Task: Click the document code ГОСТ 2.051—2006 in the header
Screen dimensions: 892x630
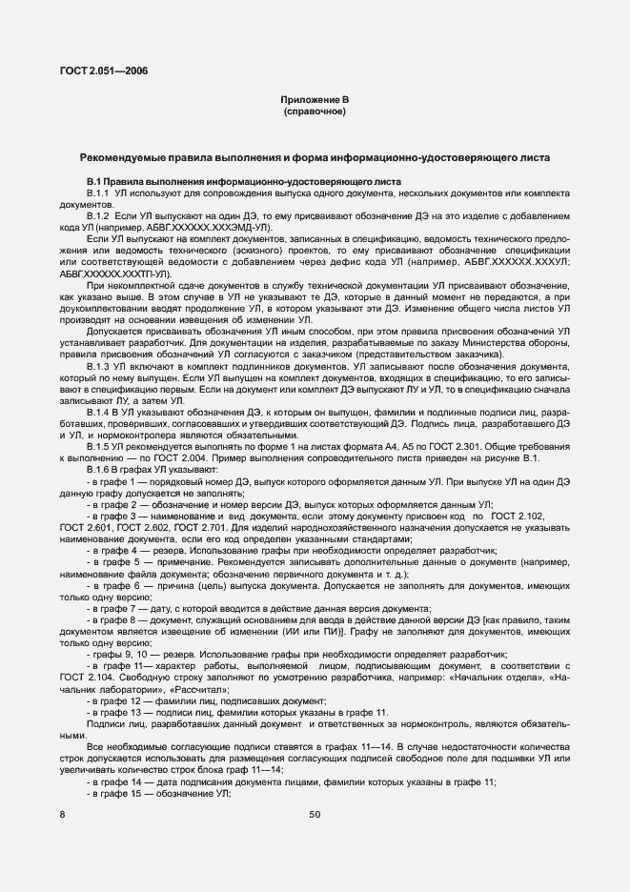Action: click(103, 70)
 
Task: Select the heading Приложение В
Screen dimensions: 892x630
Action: click(315, 100)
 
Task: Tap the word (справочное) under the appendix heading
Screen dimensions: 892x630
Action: click(315, 111)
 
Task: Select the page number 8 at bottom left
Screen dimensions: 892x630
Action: click(62, 815)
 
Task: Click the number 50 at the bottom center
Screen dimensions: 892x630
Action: click(315, 815)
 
